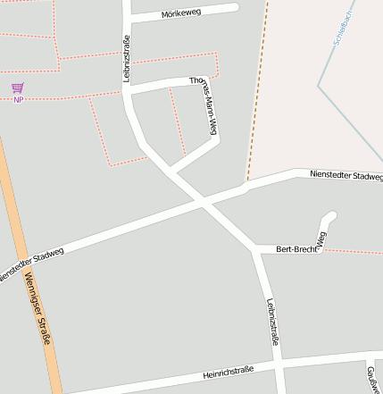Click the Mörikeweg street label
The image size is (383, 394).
pos(182,14)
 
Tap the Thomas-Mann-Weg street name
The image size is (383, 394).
pos(204,108)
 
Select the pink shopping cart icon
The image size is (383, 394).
pos(18,88)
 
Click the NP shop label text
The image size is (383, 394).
pos(18,99)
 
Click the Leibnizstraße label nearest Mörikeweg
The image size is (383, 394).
pos(127,59)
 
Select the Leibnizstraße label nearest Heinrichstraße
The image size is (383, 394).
pos(273,321)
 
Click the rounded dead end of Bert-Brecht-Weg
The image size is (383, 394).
pos(329,217)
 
